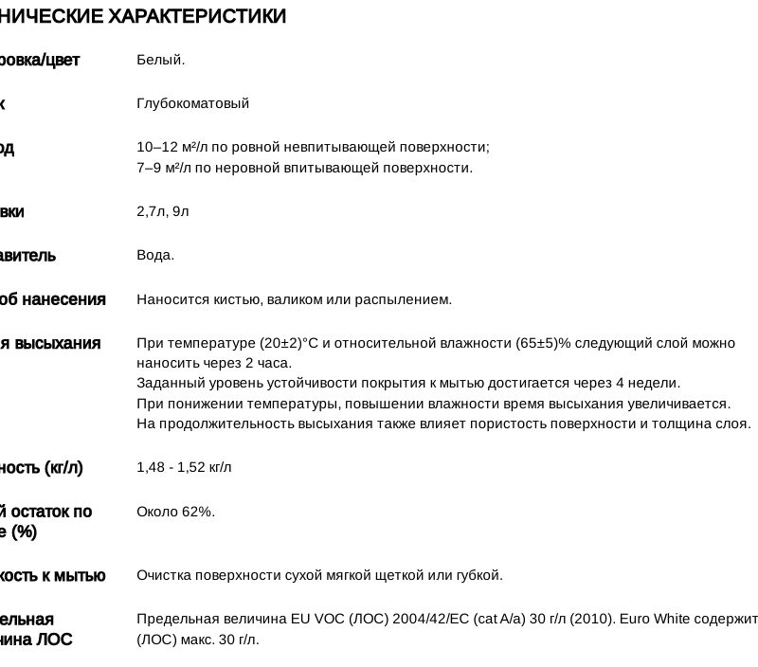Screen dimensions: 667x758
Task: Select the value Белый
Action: tap(160, 60)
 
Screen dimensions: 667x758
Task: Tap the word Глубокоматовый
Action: tap(192, 102)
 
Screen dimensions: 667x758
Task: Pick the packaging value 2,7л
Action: tap(151, 211)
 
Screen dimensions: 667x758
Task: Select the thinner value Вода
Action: tap(155, 255)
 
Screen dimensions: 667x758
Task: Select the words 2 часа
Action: tap(269, 363)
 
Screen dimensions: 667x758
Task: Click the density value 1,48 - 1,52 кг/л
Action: tap(184, 467)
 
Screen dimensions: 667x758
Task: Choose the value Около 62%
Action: tap(175, 512)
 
